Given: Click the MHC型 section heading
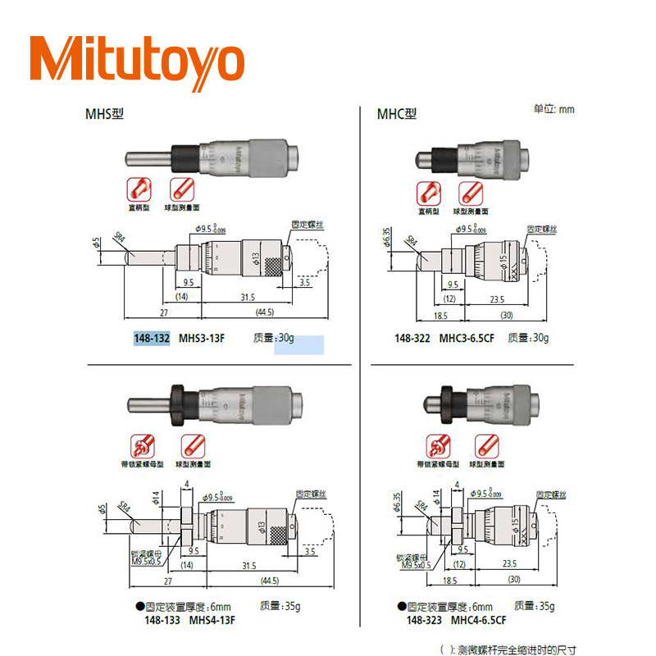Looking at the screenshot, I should click(x=396, y=113).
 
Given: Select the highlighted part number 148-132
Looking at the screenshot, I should click(x=152, y=338).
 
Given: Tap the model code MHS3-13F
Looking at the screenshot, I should click(x=202, y=338).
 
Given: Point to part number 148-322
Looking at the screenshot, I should click(x=412, y=337).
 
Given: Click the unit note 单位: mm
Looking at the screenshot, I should click(x=554, y=108).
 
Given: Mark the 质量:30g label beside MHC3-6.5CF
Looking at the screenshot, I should click(x=528, y=337).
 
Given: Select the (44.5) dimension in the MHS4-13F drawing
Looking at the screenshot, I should click(x=265, y=581).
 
